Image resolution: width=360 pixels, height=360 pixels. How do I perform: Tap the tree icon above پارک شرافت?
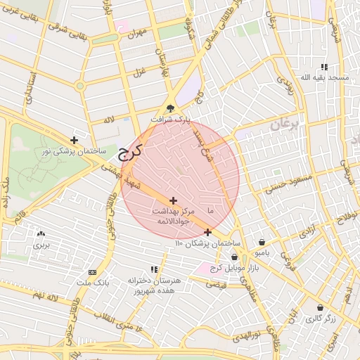(x=170, y=108)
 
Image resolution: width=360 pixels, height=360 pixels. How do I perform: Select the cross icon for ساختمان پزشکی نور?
(x=75, y=140)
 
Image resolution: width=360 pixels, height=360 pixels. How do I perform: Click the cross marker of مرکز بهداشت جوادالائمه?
(x=173, y=201)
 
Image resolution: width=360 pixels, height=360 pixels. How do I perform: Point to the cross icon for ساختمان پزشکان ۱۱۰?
(x=207, y=232)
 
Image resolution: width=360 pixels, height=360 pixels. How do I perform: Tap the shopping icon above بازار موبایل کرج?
(x=234, y=257)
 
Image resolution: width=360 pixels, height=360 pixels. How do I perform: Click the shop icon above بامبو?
(x=262, y=241)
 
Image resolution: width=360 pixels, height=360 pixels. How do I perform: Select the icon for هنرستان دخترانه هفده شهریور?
(x=154, y=269)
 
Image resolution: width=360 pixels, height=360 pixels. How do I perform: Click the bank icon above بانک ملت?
(x=92, y=272)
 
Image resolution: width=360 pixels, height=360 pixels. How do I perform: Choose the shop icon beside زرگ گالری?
(x=321, y=307)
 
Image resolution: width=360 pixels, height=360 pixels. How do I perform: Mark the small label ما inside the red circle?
(x=210, y=211)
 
